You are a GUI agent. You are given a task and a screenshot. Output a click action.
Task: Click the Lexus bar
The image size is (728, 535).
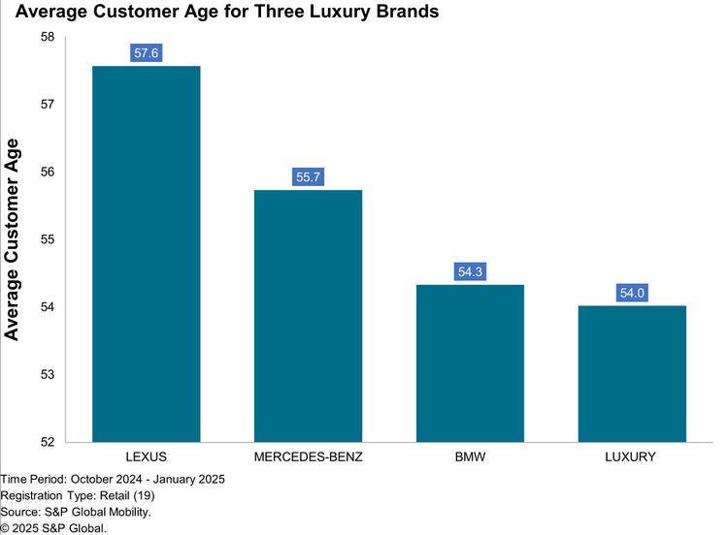click(147, 254)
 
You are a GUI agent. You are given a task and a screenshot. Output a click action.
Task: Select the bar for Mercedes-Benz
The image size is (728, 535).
click(309, 316)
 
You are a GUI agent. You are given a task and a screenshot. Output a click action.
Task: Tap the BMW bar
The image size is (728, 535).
click(471, 363)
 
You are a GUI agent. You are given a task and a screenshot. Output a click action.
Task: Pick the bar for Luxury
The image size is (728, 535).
click(632, 374)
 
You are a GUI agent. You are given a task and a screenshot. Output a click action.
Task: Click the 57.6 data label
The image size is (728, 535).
click(147, 53)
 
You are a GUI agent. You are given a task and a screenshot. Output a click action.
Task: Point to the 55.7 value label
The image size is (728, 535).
click(309, 176)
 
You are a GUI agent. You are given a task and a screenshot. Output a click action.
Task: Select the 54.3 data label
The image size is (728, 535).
click(471, 271)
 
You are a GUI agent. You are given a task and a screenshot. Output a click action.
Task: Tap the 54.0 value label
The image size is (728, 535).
click(632, 293)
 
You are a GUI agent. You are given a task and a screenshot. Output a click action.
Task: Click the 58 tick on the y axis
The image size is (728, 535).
click(48, 37)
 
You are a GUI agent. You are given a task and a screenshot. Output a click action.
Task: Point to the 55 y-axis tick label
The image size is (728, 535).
click(48, 239)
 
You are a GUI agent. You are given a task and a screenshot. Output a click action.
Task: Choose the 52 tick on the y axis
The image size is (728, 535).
click(48, 442)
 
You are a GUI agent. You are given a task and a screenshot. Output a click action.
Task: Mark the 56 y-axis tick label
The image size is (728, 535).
click(48, 172)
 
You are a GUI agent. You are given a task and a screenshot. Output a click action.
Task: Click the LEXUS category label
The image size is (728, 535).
click(147, 456)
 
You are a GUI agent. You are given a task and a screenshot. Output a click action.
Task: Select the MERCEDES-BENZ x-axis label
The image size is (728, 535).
click(309, 456)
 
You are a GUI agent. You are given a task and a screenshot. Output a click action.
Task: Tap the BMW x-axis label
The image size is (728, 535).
click(471, 456)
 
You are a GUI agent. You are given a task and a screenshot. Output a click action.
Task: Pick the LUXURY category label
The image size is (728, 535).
click(630, 456)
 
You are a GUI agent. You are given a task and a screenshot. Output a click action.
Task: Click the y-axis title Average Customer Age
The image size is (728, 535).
click(12, 239)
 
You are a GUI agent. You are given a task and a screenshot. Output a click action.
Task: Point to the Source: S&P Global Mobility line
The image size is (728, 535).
click(76, 512)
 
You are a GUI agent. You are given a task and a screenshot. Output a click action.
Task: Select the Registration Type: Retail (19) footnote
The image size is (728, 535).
click(78, 495)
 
